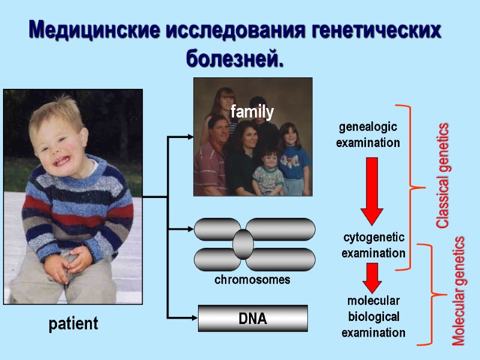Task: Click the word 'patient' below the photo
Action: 73,325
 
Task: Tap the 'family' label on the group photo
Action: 252,112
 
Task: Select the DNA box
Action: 253,319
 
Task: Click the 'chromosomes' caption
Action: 252,280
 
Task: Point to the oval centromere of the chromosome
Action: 243,244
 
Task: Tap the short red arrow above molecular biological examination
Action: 373,277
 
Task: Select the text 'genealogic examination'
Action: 368,135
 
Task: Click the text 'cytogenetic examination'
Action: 373,245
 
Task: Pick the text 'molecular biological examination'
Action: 373,316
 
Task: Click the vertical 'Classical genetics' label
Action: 442,175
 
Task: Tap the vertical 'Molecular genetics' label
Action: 459,291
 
